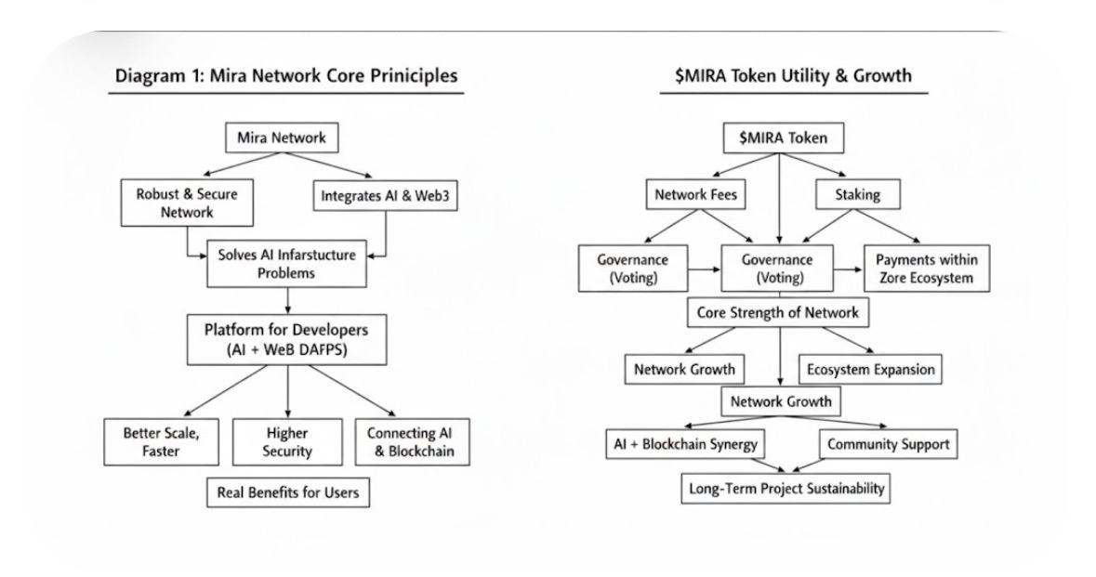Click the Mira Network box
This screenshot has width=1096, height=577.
point(282,138)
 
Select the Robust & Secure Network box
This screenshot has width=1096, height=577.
point(187,203)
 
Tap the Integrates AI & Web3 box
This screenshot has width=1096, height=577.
point(385,196)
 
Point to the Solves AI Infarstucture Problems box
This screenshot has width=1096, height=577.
point(286,263)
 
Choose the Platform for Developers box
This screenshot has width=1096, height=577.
point(286,339)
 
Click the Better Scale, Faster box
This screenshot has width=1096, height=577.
point(162,442)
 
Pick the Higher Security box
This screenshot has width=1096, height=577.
point(287,442)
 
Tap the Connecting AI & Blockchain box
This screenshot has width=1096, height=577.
point(413,442)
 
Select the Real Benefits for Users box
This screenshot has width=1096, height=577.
point(288,492)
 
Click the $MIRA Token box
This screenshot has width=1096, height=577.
point(784,138)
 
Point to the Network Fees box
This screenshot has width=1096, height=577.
point(695,194)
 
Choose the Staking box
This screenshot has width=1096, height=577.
point(858,194)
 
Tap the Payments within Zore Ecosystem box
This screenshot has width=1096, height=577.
point(927,269)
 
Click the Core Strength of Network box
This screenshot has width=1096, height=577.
point(778,312)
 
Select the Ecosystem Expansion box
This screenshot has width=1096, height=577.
point(870,370)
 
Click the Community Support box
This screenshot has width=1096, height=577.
point(889,443)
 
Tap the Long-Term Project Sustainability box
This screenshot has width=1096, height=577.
point(786,489)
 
